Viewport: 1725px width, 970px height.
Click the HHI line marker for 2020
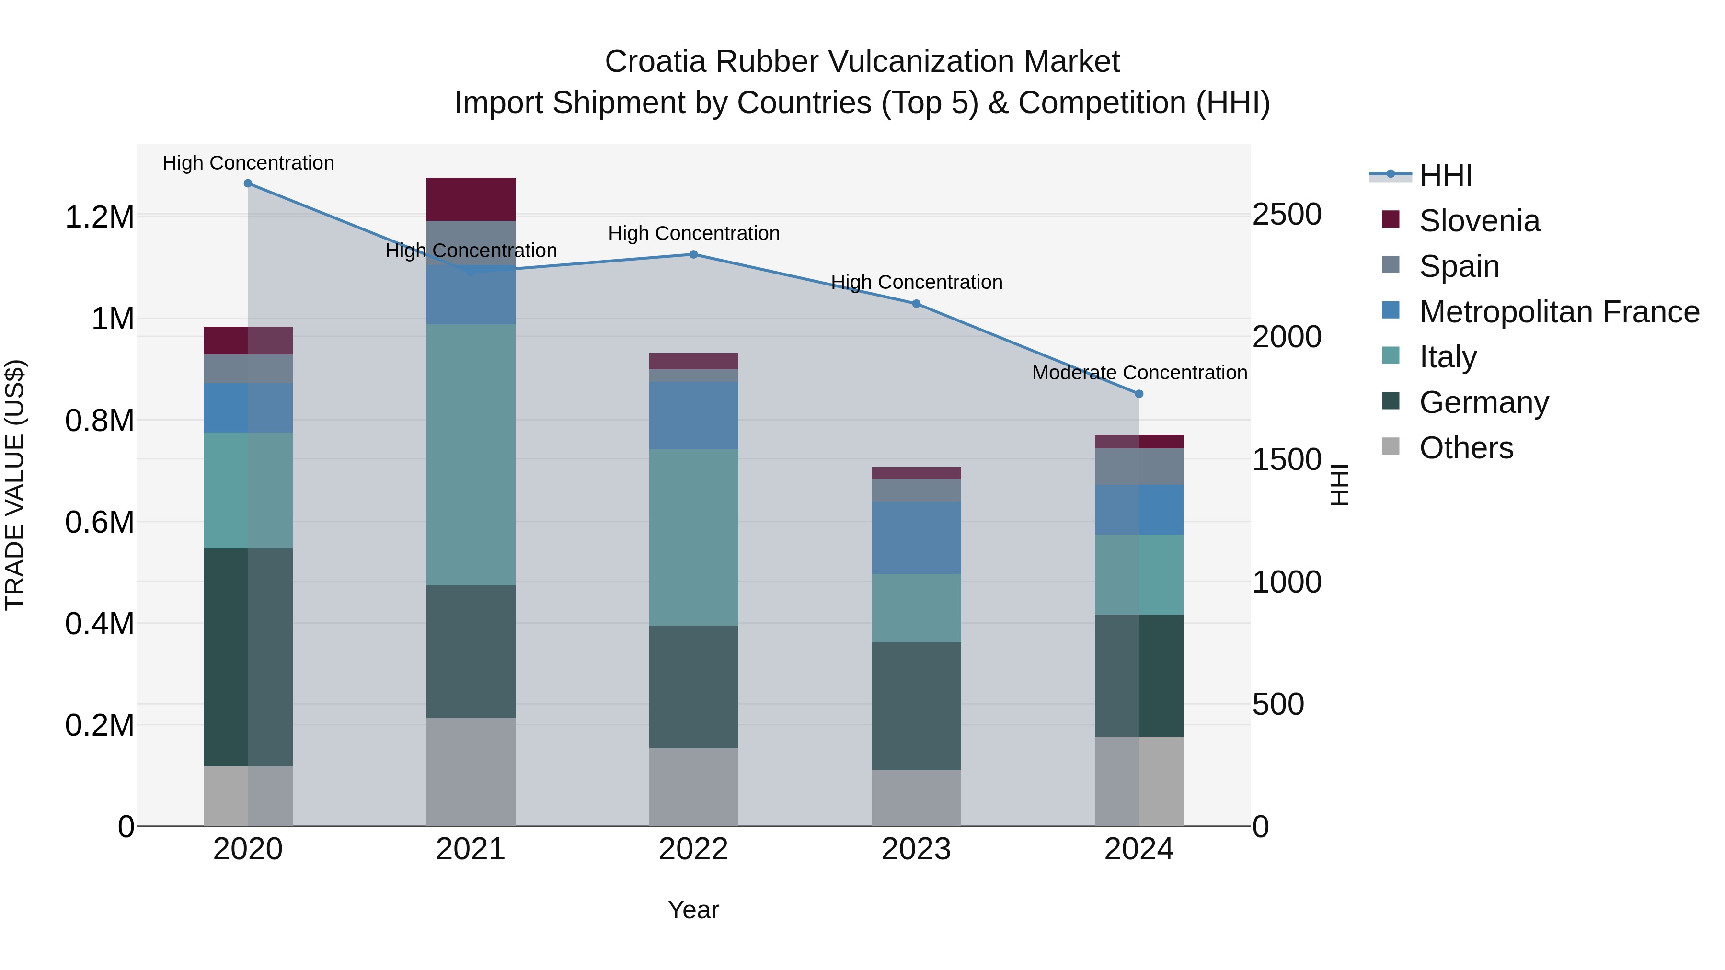(x=248, y=183)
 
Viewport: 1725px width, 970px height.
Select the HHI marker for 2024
(x=1138, y=394)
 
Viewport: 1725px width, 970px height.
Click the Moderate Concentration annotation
(x=1139, y=372)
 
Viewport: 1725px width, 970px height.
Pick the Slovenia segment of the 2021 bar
(x=471, y=199)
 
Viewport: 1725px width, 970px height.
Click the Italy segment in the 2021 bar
(x=471, y=455)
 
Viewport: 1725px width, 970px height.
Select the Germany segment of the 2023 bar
(x=916, y=706)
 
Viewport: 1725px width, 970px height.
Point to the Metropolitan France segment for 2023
(x=916, y=537)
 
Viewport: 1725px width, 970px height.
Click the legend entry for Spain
(x=1459, y=266)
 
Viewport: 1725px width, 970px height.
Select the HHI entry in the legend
(x=1445, y=175)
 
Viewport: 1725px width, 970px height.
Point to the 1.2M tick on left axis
(x=99, y=217)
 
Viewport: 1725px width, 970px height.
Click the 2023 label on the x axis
(x=916, y=849)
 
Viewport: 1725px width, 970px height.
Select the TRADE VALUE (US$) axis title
(x=15, y=485)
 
